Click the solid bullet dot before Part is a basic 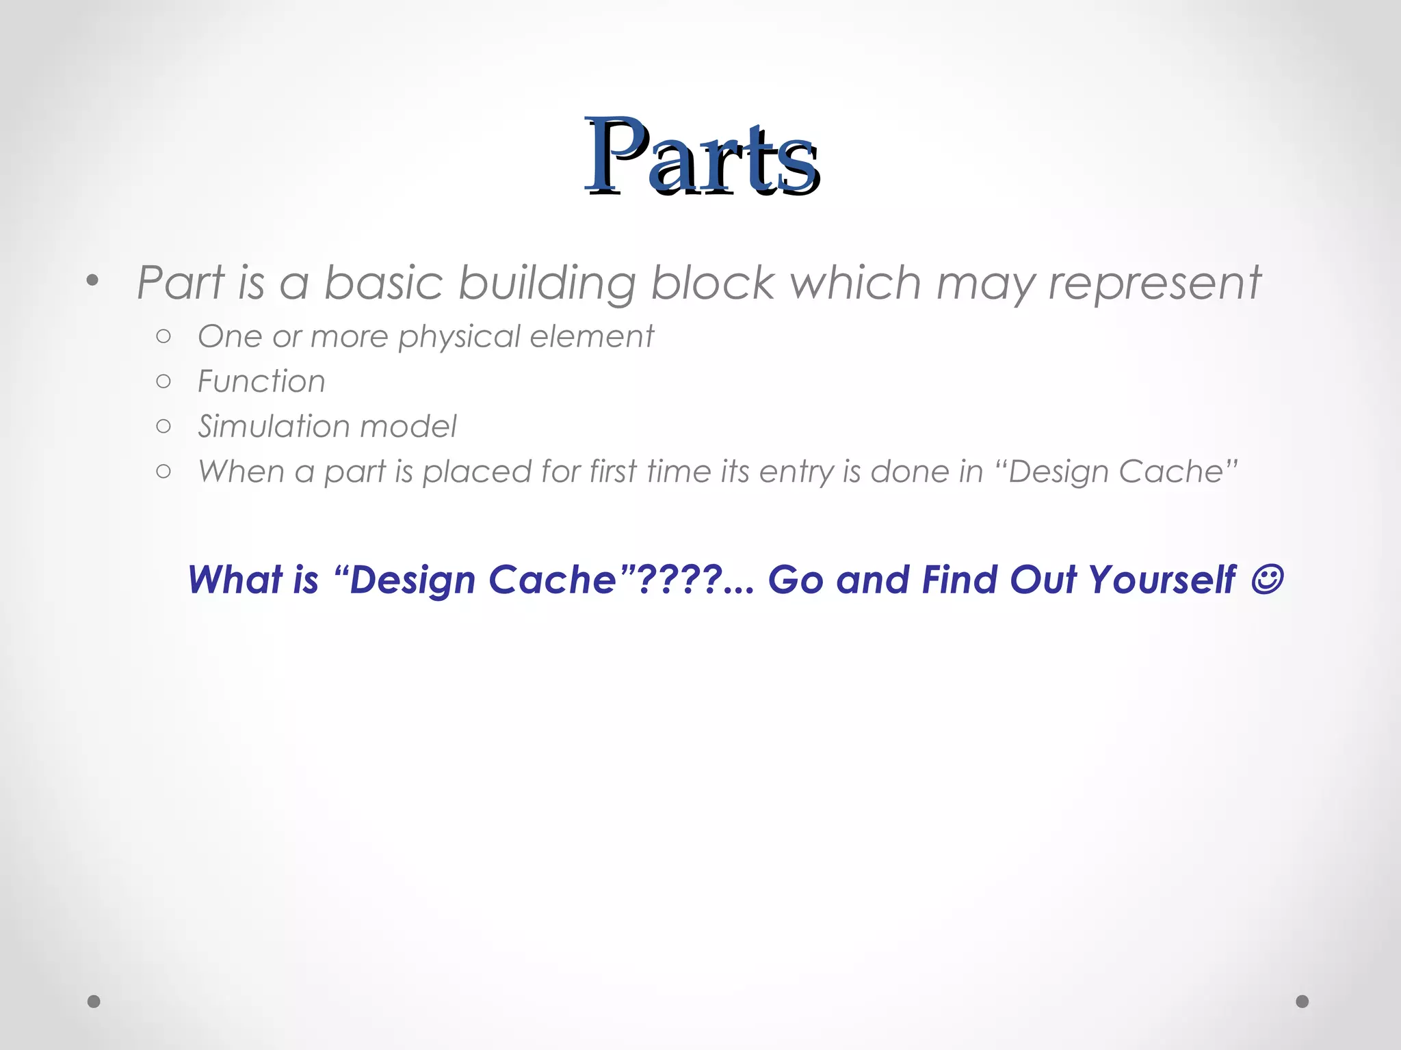pyautogui.click(x=93, y=280)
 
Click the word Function pyautogui.click(x=261, y=381)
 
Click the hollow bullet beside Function pyautogui.click(x=163, y=381)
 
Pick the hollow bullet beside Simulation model pyautogui.click(x=163, y=427)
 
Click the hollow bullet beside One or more pyautogui.click(x=163, y=336)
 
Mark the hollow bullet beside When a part pyautogui.click(x=163, y=471)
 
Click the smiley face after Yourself pyautogui.click(x=1266, y=579)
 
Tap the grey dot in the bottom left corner pyautogui.click(x=94, y=1001)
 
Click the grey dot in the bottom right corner pyautogui.click(x=1302, y=1001)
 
